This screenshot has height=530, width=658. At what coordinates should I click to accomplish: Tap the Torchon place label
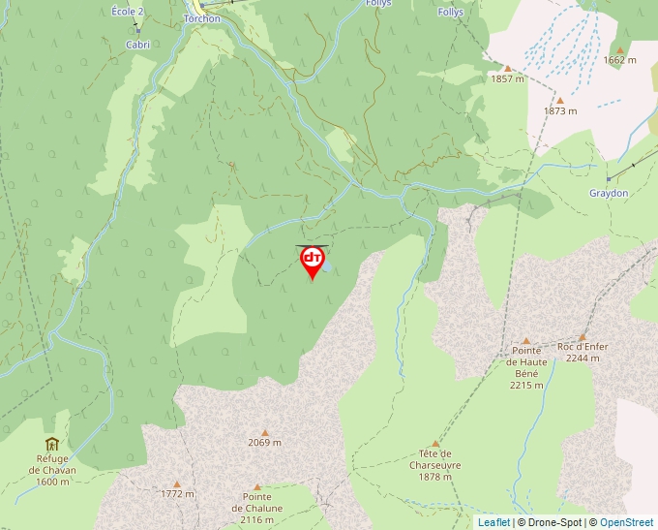point(201,18)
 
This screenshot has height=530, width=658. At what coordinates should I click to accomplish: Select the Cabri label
point(138,45)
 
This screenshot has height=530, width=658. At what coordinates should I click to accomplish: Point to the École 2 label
point(127,11)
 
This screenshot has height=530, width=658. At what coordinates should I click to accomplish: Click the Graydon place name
point(609,193)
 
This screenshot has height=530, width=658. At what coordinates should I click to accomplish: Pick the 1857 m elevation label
point(508,79)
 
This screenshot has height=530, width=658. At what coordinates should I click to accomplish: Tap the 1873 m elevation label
point(559,111)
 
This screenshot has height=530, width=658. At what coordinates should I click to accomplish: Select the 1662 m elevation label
point(619,60)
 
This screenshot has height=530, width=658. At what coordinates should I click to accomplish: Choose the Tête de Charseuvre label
point(435,465)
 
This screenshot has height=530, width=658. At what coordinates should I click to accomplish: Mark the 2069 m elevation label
point(264,443)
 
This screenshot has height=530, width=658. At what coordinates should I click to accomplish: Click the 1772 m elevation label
point(177,494)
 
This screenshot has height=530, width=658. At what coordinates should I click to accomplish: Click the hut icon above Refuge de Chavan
point(52,444)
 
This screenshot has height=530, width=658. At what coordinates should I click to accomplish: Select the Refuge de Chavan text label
point(52,470)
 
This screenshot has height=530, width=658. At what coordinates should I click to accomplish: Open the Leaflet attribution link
point(493,522)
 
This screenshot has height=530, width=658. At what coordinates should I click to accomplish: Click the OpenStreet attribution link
point(626,522)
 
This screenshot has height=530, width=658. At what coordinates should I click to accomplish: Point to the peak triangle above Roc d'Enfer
point(583,336)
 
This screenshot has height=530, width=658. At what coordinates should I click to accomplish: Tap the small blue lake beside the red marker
point(330,265)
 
